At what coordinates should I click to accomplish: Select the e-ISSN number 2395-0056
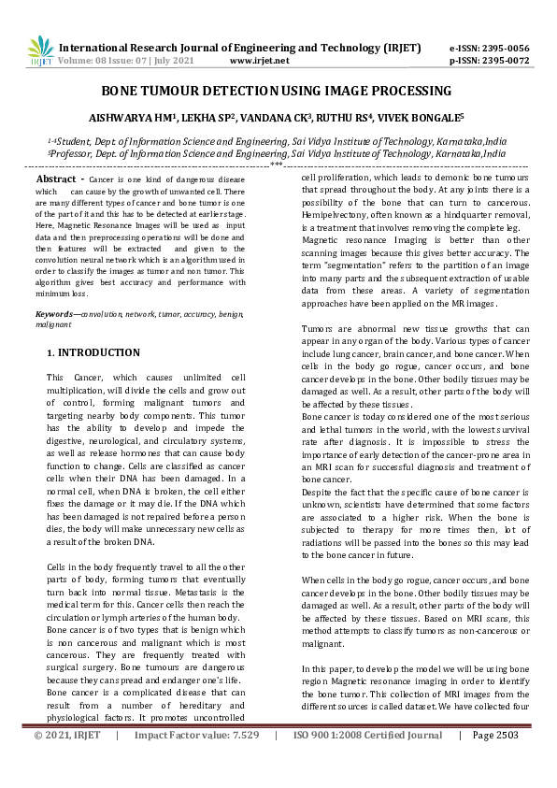pos(504,48)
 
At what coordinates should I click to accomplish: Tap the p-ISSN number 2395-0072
pos(504,61)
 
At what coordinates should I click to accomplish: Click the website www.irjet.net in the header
pos(259,61)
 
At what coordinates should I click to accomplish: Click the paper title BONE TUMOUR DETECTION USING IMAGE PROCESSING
pos(277,91)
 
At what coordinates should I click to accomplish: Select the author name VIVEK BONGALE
pos(420,119)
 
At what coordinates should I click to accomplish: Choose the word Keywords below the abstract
pos(57,316)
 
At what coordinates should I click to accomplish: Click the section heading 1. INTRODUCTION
pos(93,353)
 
